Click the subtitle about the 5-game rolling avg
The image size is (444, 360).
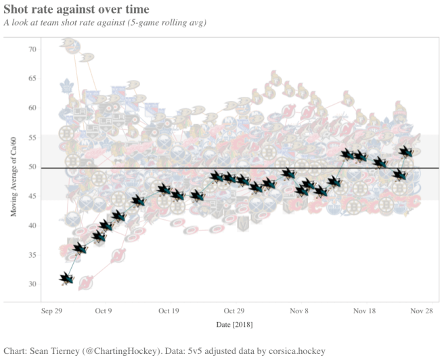[105, 22]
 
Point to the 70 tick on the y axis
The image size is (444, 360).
[32, 49]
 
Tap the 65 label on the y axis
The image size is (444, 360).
[32, 78]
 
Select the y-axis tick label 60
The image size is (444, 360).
[32, 108]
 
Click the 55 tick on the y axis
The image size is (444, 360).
[32, 137]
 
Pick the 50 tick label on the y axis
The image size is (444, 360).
[32, 166]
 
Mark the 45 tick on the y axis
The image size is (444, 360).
[32, 196]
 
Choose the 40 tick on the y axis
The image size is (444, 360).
[32, 225]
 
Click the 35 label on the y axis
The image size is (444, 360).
[32, 254]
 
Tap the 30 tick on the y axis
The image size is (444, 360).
[32, 284]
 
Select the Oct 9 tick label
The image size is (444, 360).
[104, 311]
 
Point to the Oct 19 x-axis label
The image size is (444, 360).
[169, 311]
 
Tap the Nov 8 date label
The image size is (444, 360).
[299, 311]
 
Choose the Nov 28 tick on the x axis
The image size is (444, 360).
[420, 311]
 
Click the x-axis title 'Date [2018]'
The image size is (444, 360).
[234, 325]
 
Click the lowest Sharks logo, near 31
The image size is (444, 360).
[66, 277]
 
